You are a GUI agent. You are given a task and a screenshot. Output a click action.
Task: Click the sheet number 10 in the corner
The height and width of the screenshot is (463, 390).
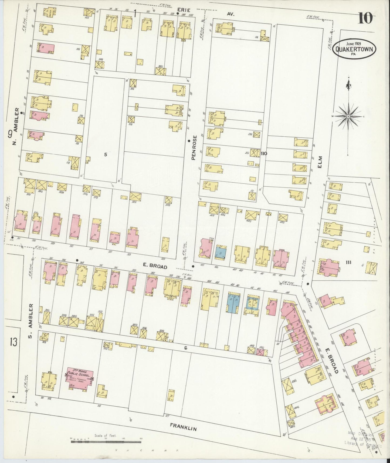(365, 18)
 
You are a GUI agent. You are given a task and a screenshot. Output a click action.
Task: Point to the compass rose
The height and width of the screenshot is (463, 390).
(348, 116)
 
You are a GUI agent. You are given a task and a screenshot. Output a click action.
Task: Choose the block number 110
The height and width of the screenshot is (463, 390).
(264, 153)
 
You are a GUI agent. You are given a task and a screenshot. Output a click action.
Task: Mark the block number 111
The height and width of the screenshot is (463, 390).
(348, 262)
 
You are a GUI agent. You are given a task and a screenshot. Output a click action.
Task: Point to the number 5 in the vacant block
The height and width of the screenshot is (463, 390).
(106, 155)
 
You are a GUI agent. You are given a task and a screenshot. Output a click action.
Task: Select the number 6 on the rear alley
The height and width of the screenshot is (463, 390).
(186, 348)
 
